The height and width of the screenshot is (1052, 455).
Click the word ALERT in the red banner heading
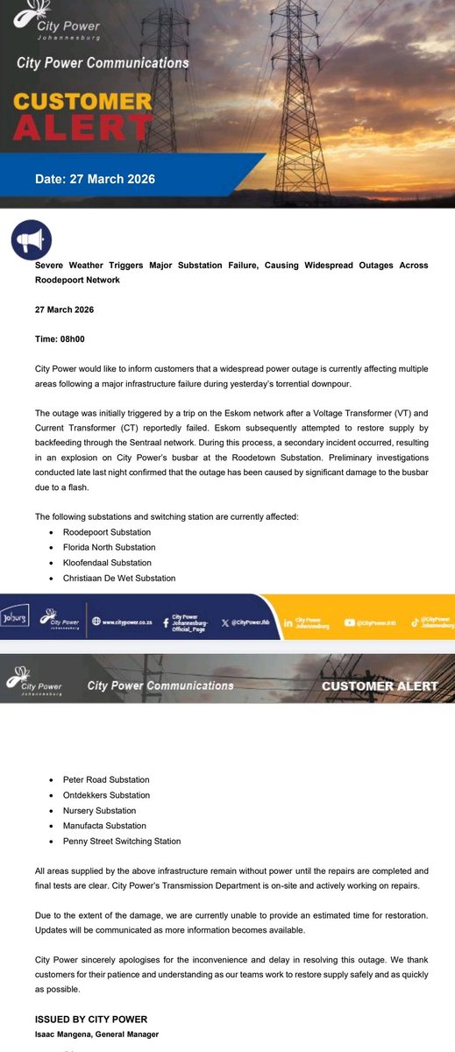81,128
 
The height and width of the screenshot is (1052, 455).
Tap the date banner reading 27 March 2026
95,179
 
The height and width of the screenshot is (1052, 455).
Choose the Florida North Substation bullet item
109,547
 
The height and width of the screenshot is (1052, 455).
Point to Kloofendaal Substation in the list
107,563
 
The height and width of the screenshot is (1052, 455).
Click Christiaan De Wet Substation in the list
119,578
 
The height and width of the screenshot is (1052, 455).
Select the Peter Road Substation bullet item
105,779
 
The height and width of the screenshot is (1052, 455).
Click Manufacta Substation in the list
105,826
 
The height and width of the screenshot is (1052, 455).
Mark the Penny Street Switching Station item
122,841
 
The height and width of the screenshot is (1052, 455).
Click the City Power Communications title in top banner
102,63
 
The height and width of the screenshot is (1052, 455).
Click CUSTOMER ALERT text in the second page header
379,686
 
